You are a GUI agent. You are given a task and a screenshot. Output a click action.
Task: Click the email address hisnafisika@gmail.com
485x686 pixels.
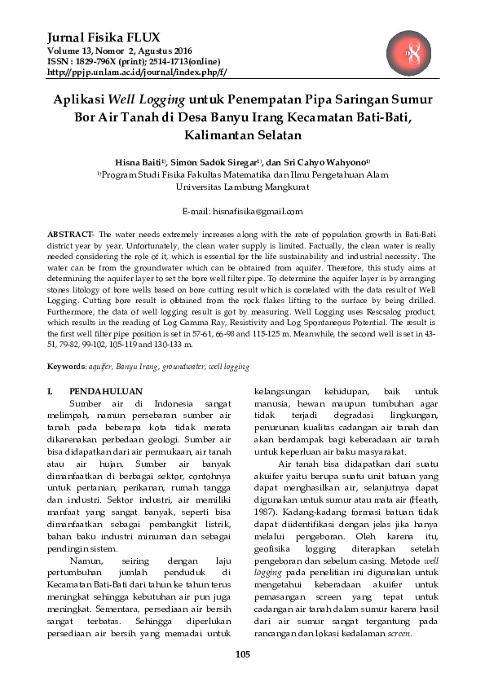254,211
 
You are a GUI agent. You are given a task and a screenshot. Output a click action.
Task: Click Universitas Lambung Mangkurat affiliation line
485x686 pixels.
242,186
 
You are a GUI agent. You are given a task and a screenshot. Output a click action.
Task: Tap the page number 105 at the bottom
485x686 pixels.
242,654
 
